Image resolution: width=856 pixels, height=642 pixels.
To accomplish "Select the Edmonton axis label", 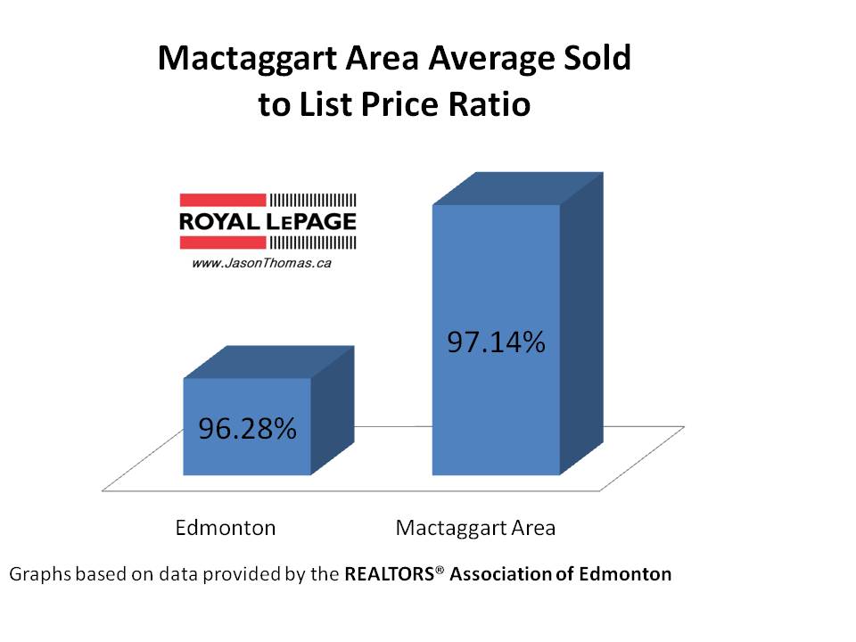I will tap(225, 527).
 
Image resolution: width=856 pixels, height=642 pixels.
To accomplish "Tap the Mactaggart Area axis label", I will tap(475, 527).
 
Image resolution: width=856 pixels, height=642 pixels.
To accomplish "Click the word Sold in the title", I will tap(598, 60).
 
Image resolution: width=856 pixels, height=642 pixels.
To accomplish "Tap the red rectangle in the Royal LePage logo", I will tap(223, 200).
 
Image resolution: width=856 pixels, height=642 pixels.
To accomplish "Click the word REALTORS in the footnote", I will tap(391, 574).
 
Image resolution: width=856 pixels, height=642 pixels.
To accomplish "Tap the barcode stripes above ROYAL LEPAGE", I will tap(312, 200).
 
